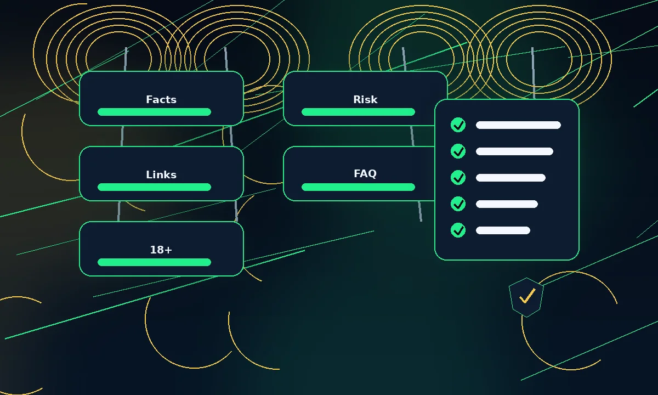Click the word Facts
click(161, 99)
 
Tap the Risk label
click(365, 99)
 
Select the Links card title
click(161, 174)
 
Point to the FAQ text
click(365, 173)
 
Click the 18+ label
click(161, 250)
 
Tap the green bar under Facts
click(154, 112)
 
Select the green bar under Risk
click(358, 112)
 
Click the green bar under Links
click(154, 187)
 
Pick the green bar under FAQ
click(358, 187)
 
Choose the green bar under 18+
click(154, 262)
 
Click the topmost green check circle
click(458, 125)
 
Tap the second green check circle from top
click(458, 151)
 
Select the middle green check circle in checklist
click(458, 178)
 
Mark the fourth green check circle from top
click(458, 204)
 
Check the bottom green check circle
click(458, 230)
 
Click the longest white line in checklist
click(518, 125)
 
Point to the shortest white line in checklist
click(503, 230)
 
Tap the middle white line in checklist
click(510, 178)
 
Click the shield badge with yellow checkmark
click(526, 297)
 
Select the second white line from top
click(514, 151)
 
